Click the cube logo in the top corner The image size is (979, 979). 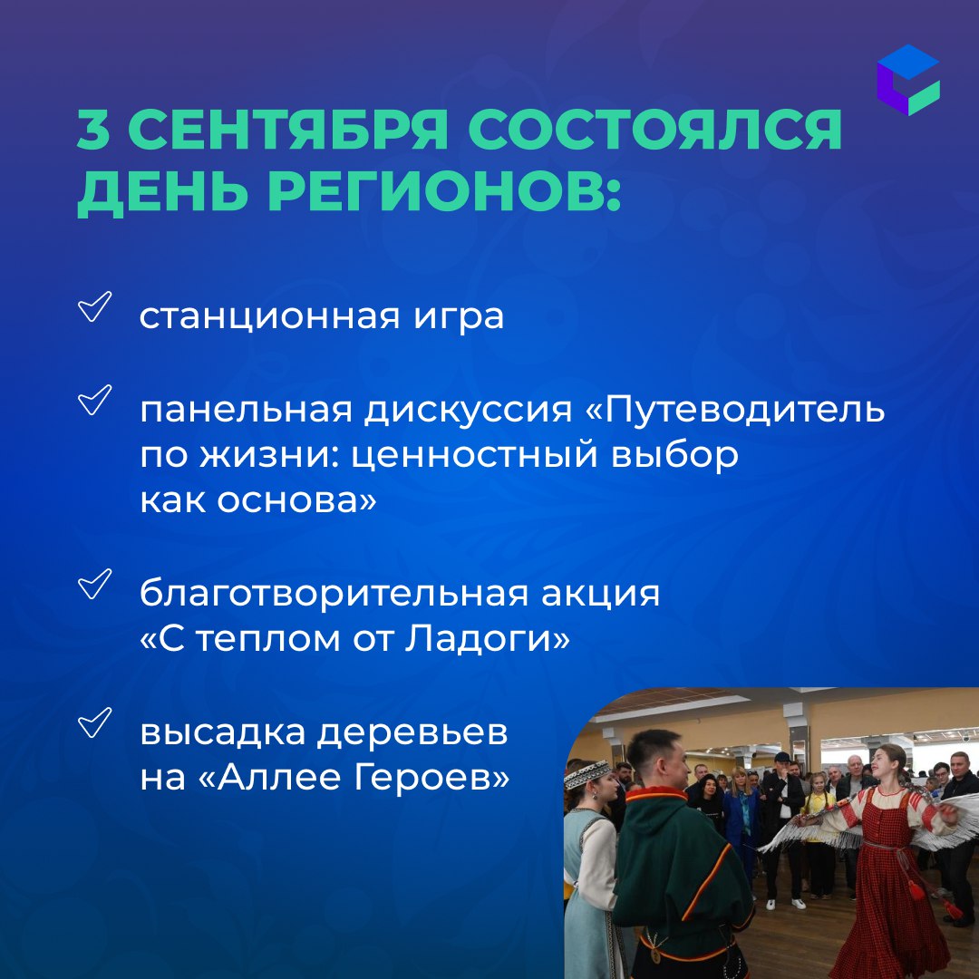pos(907,79)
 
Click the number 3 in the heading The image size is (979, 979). pos(93,130)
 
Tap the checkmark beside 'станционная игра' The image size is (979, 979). pos(95,306)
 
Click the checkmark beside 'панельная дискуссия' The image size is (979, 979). pos(95,400)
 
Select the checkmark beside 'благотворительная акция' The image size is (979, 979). pos(95,584)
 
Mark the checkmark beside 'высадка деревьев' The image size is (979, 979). pos(95,722)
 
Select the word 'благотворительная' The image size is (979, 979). pos(334,593)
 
